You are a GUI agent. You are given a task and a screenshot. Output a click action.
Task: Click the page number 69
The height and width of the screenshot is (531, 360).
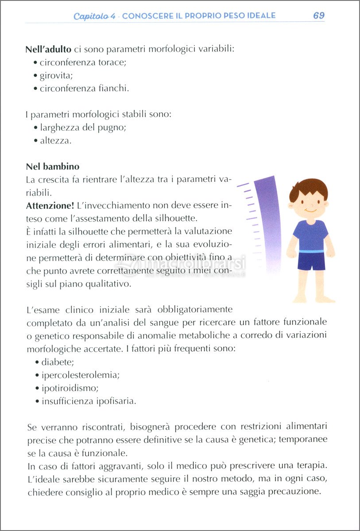(318, 15)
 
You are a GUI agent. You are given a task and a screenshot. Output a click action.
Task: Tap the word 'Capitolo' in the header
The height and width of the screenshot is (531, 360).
(90, 16)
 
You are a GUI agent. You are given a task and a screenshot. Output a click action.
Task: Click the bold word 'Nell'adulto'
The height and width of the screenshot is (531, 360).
(48, 49)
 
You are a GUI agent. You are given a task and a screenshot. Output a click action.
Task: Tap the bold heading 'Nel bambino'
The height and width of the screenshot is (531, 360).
(53, 167)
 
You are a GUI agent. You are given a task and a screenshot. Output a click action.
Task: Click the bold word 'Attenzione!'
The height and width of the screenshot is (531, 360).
(50, 206)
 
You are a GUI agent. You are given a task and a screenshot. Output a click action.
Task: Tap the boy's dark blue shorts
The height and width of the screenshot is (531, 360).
(311, 261)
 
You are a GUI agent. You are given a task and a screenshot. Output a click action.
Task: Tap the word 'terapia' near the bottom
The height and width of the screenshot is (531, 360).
(310, 466)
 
